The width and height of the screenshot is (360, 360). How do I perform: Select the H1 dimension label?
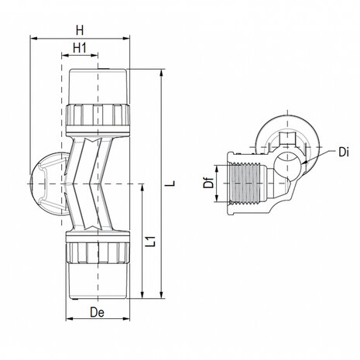click(x=80, y=48)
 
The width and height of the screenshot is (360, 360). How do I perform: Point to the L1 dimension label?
click(x=155, y=242)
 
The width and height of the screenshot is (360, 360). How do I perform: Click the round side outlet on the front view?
click(x=46, y=183)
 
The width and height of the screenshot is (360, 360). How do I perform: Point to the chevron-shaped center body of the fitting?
click(x=98, y=182)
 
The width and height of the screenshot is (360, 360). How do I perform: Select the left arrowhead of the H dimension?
click(x=33, y=36)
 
